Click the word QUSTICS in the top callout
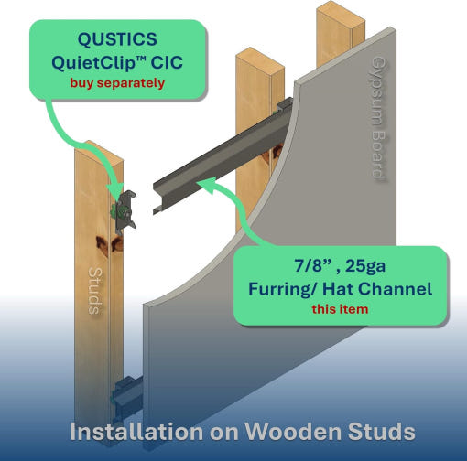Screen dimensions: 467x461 tap(117, 39)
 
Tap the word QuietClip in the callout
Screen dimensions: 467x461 tap(93, 63)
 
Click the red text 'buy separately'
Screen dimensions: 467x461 tap(117, 83)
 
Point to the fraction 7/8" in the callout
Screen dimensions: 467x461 tap(313, 265)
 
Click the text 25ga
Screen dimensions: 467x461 tap(365, 266)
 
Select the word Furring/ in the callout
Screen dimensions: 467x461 tap(283, 289)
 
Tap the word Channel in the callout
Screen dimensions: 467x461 tap(395, 288)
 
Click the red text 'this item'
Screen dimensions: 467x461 tap(340, 309)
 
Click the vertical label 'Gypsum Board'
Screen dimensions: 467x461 tap(378, 118)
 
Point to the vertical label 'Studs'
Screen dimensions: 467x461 tap(94, 291)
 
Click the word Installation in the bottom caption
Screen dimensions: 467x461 tap(136, 432)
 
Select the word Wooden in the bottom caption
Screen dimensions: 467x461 tap(293, 432)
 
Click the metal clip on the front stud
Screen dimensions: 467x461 tap(125, 212)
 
